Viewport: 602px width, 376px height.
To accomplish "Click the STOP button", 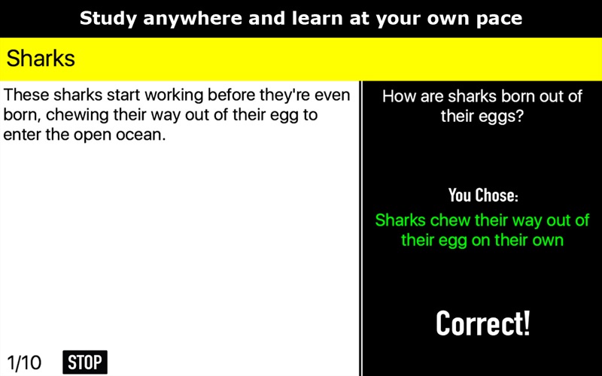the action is tap(85, 362).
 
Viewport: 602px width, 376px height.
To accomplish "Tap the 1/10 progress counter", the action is tap(24, 362).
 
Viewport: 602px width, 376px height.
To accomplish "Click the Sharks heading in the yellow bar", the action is tap(41, 59).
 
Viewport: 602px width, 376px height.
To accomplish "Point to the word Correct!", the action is tap(482, 323).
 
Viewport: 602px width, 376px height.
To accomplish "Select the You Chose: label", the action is tap(483, 195).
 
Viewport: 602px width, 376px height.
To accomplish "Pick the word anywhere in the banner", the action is tap(193, 19).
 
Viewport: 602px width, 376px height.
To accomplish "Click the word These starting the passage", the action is tap(26, 95).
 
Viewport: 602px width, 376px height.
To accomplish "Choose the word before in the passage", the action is tap(231, 95).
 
